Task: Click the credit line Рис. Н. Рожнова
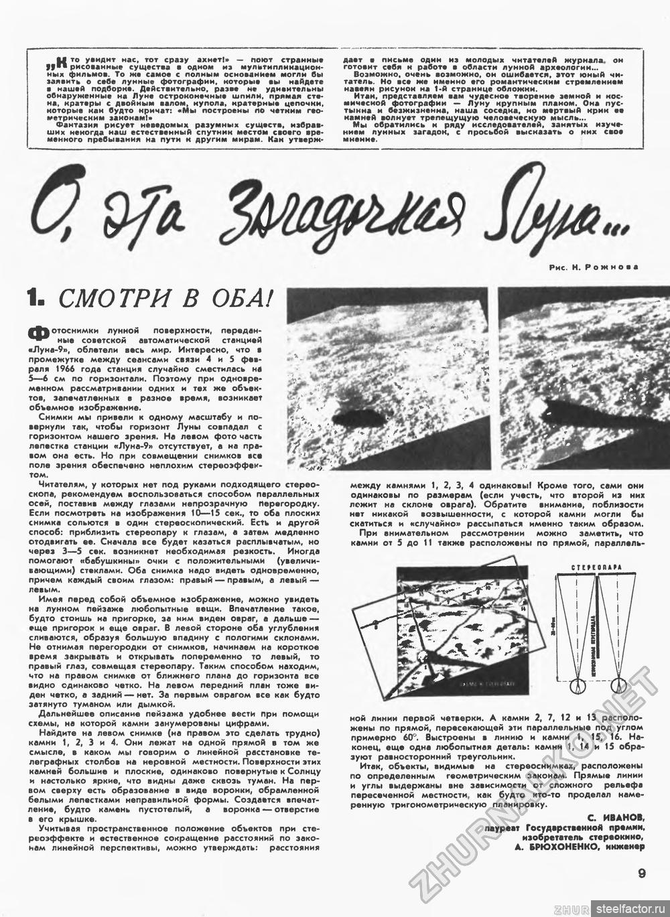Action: (x=593, y=267)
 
